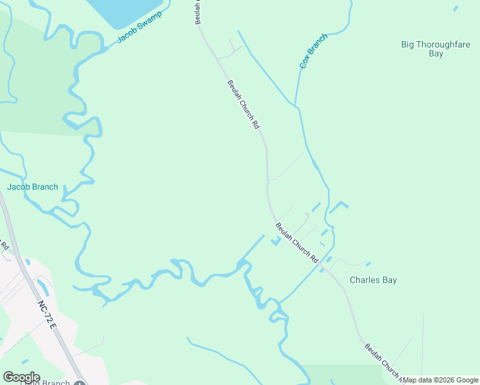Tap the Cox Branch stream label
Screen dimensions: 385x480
[x=313, y=51]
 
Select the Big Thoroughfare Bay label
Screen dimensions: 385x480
[x=436, y=49]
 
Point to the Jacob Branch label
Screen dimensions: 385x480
[x=33, y=187]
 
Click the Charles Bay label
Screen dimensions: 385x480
[x=373, y=280]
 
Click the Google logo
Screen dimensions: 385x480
[x=21, y=377]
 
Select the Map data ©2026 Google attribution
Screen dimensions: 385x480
[x=440, y=380]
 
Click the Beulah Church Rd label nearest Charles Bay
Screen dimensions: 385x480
[x=297, y=242]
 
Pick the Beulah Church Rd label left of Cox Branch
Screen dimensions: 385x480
[x=243, y=103]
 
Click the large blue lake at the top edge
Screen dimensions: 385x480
[x=126, y=12]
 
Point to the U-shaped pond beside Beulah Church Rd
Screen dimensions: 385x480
[x=276, y=241]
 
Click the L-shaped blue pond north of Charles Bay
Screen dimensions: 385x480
[x=338, y=207]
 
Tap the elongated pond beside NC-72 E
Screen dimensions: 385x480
[x=42, y=286]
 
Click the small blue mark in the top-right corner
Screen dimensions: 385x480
[x=456, y=8]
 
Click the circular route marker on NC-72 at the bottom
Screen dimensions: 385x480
[x=80, y=383]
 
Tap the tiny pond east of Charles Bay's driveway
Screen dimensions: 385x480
[x=368, y=264]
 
